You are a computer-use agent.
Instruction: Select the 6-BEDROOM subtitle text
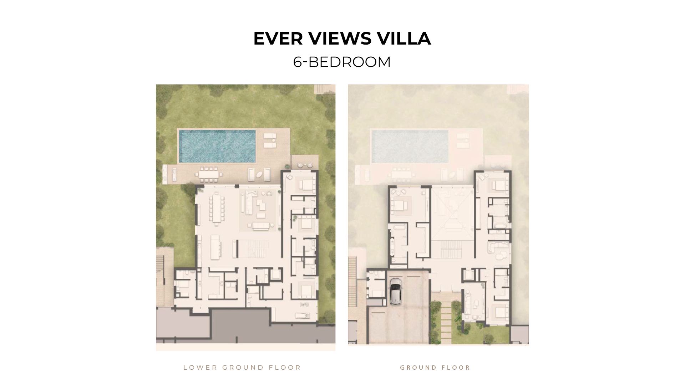click(x=342, y=62)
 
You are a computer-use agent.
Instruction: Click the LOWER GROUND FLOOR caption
click(x=242, y=368)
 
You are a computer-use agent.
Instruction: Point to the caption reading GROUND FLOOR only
click(x=435, y=368)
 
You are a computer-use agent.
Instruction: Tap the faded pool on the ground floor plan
click(x=410, y=146)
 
